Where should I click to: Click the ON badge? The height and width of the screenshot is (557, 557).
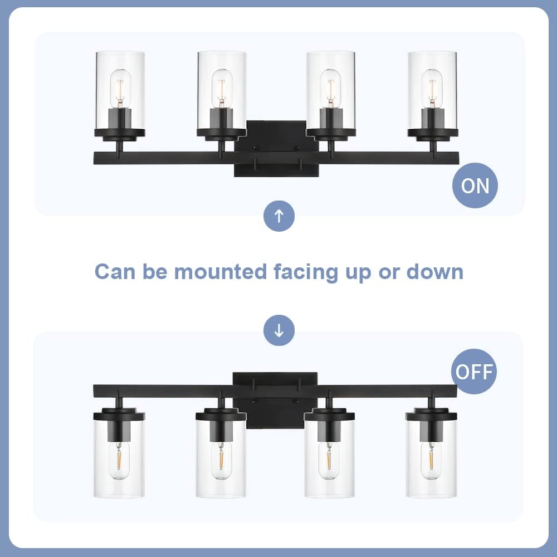475,185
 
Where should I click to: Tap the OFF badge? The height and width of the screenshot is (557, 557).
473,372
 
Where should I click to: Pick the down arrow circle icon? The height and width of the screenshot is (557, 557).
279,331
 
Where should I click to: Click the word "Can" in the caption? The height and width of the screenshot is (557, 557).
114,272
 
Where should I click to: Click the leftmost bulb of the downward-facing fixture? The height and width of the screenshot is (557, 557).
119,460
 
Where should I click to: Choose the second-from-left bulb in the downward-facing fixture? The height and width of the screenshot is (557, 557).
221,460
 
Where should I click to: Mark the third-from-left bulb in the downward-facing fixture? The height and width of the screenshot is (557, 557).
329,460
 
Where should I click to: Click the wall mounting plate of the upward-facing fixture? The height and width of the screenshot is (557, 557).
277,149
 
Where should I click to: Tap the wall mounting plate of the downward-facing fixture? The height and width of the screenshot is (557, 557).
275,400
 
